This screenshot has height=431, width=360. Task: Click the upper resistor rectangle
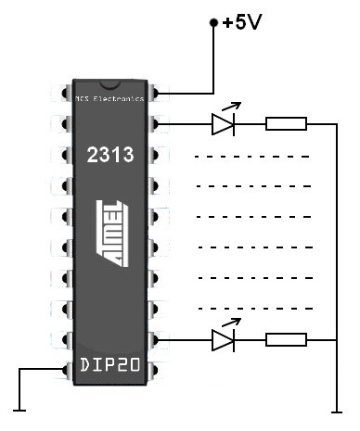tap(286, 123)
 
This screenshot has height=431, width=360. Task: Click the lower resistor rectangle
tap(286, 340)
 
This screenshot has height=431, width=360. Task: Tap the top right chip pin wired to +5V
tap(160, 94)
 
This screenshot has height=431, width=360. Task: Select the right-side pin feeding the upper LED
tap(160, 122)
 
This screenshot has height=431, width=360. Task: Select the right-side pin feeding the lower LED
tap(160, 340)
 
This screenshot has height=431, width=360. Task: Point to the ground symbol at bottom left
tap(18, 409)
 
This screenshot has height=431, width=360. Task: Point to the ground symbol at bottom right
tap(333, 409)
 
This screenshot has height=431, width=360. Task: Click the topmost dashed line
tap(251, 155)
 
